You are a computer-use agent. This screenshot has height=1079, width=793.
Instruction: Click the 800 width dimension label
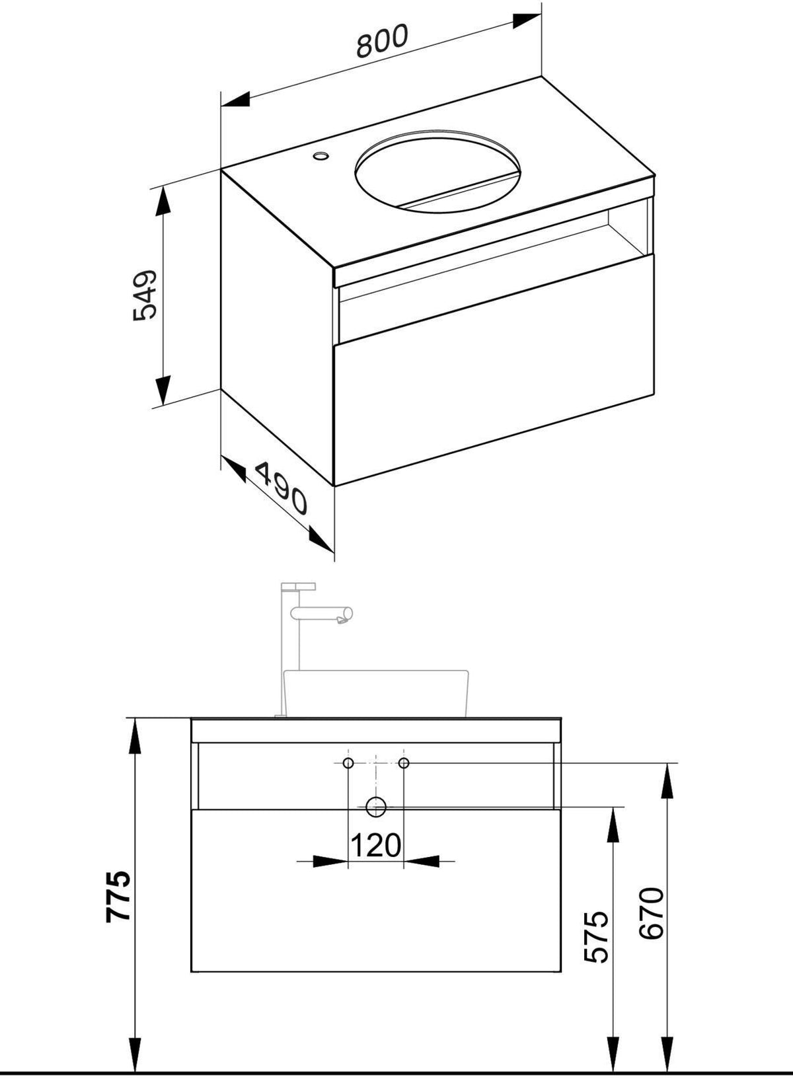click(x=383, y=40)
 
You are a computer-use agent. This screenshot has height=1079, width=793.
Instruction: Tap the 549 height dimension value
click(x=145, y=294)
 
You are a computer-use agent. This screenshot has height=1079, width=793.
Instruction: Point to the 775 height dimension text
click(x=118, y=897)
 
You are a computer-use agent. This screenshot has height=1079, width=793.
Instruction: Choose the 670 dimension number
click(x=651, y=899)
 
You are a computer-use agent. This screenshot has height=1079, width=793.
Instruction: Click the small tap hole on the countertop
click(x=321, y=155)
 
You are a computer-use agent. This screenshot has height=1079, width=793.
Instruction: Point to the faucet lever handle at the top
click(x=298, y=586)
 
